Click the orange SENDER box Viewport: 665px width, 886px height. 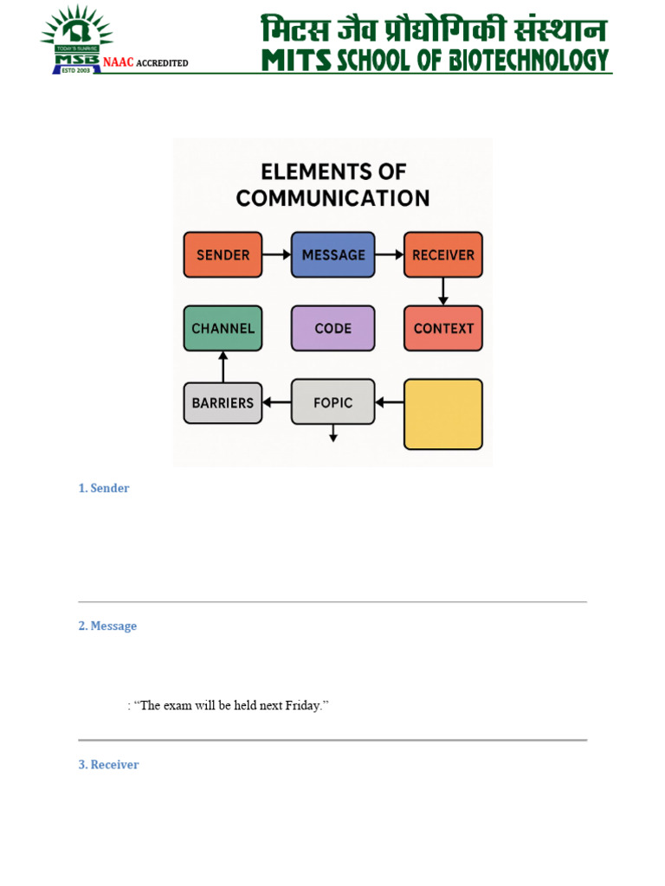[223, 254]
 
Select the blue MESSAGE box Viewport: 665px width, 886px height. [333, 254]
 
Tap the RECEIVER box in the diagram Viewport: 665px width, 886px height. [443, 254]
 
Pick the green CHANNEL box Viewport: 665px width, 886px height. [223, 328]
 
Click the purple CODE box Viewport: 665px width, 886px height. [333, 328]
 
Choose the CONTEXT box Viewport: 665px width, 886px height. [443, 328]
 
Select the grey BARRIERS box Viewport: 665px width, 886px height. [223, 402]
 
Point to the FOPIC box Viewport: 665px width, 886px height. [333, 402]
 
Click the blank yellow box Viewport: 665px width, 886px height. [443, 414]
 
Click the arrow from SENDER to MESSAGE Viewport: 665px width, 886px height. [276, 254]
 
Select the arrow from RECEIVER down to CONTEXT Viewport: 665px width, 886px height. [443, 291]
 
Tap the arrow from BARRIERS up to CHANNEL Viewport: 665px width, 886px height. [223, 366]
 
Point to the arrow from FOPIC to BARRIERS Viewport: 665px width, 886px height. [276, 402]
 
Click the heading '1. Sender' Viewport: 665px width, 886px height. [104, 488]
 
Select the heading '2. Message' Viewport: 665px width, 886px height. [107, 626]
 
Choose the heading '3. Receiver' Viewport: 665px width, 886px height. [108, 765]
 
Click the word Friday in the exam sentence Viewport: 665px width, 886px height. [303, 706]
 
